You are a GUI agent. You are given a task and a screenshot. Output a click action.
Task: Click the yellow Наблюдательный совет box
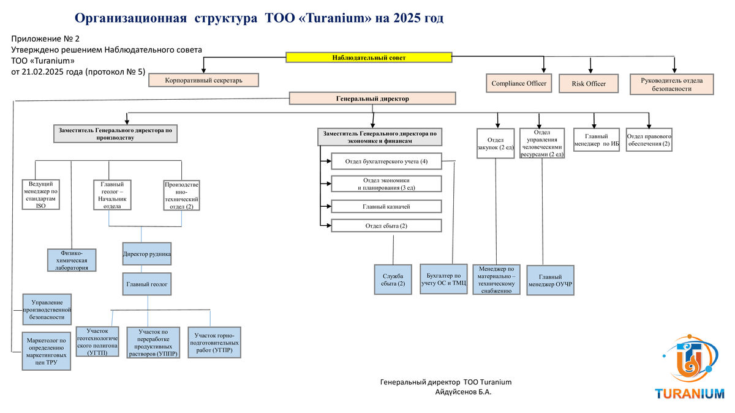point(369,58)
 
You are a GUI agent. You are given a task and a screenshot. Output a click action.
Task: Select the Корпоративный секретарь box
point(204,80)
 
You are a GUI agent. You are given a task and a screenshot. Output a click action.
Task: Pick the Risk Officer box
point(589,84)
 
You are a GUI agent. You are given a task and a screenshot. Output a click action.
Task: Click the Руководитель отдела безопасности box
point(672,84)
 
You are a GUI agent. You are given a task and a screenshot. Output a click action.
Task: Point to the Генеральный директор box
point(372,99)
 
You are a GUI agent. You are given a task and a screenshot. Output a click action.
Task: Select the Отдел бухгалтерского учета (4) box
point(386,162)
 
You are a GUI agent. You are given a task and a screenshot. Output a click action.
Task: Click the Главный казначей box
point(386,207)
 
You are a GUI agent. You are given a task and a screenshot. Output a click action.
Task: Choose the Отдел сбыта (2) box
point(386,226)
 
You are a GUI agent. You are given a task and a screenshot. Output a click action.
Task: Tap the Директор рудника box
point(147,253)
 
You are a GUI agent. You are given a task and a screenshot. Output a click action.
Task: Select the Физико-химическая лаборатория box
point(72,260)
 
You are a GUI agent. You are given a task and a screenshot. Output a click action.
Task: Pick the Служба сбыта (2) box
point(393,280)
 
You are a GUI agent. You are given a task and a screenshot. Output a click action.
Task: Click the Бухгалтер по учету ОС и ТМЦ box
point(444,278)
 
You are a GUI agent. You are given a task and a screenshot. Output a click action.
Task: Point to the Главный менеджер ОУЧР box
point(551,280)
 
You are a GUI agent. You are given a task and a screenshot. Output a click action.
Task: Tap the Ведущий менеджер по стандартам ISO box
point(41,195)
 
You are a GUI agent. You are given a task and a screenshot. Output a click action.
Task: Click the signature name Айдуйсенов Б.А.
point(463,392)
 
